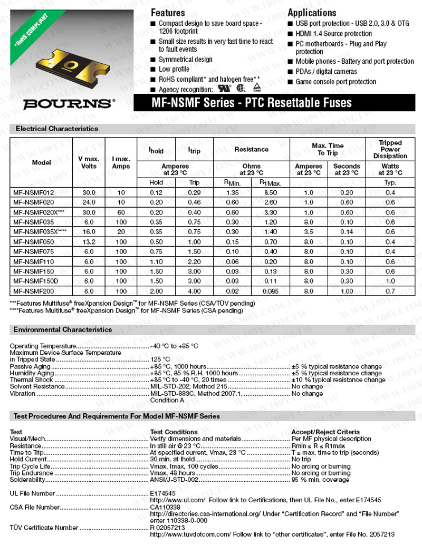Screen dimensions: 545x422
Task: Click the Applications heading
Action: pyautogui.click(x=312, y=13)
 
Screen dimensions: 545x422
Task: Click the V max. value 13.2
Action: pyautogui.click(x=89, y=241)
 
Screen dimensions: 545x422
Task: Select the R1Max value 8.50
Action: pyautogui.click(x=271, y=192)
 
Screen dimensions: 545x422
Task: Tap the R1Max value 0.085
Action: pyautogui.click(x=271, y=291)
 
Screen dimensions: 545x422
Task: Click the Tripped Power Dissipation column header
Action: pyautogui.click(x=390, y=149)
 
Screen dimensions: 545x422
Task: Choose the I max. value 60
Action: pyautogui.click(x=121, y=212)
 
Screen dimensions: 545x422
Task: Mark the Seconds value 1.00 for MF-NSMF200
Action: pyautogui.click(x=347, y=291)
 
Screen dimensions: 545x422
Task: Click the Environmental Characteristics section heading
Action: pyautogui.click(x=63, y=329)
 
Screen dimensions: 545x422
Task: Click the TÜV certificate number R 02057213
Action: pyautogui.click(x=167, y=527)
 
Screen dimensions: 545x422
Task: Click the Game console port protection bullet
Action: pyautogui.click(x=335, y=82)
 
